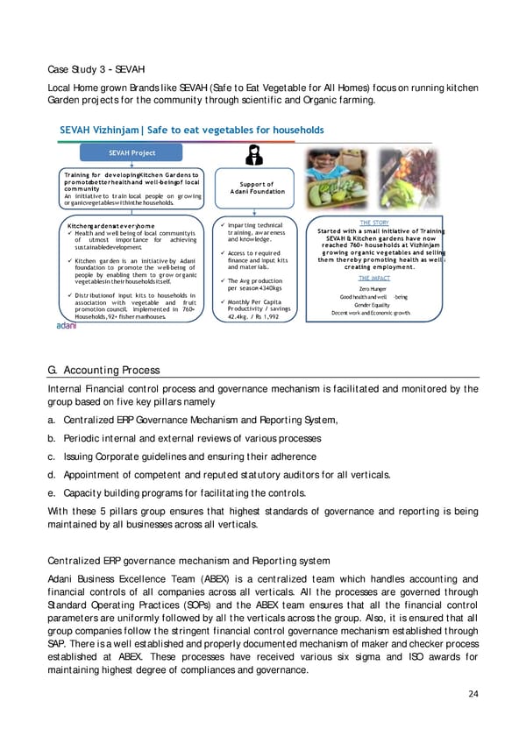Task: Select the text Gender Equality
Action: click(x=373, y=305)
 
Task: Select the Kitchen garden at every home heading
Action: click(x=111, y=225)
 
